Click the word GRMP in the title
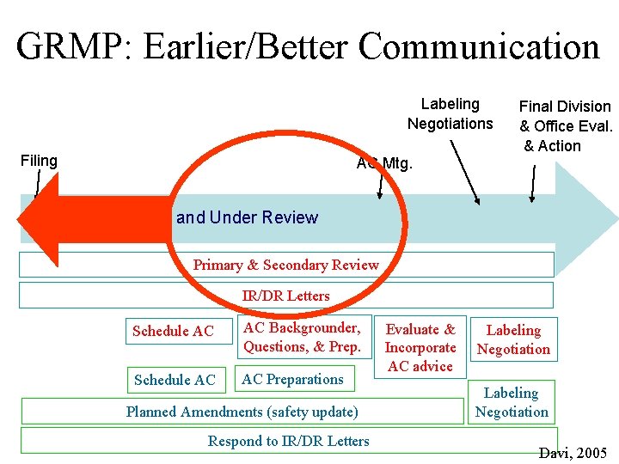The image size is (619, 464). [70, 46]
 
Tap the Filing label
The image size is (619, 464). [38, 161]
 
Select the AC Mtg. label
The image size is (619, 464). [384, 162]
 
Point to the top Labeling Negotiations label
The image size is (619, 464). [450, 114]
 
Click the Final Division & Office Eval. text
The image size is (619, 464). [565, 116]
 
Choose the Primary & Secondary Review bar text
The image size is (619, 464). [285, 265]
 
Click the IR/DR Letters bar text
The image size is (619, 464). [285, 296]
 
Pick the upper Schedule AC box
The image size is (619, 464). [173, 332]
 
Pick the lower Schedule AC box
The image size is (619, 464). [173, 380]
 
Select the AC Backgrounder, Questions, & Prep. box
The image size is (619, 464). [302, 338]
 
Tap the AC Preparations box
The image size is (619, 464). [292, 379]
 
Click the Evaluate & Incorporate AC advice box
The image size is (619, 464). [420, 347]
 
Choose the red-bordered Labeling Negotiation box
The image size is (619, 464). [513, 339]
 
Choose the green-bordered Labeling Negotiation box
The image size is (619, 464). [512, 402]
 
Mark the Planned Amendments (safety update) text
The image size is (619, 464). [242, 412]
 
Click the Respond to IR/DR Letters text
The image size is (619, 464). [289, 442]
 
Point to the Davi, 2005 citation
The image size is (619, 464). [573, 453]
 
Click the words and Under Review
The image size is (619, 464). [247, 218]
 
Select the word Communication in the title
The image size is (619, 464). [478, 46]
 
